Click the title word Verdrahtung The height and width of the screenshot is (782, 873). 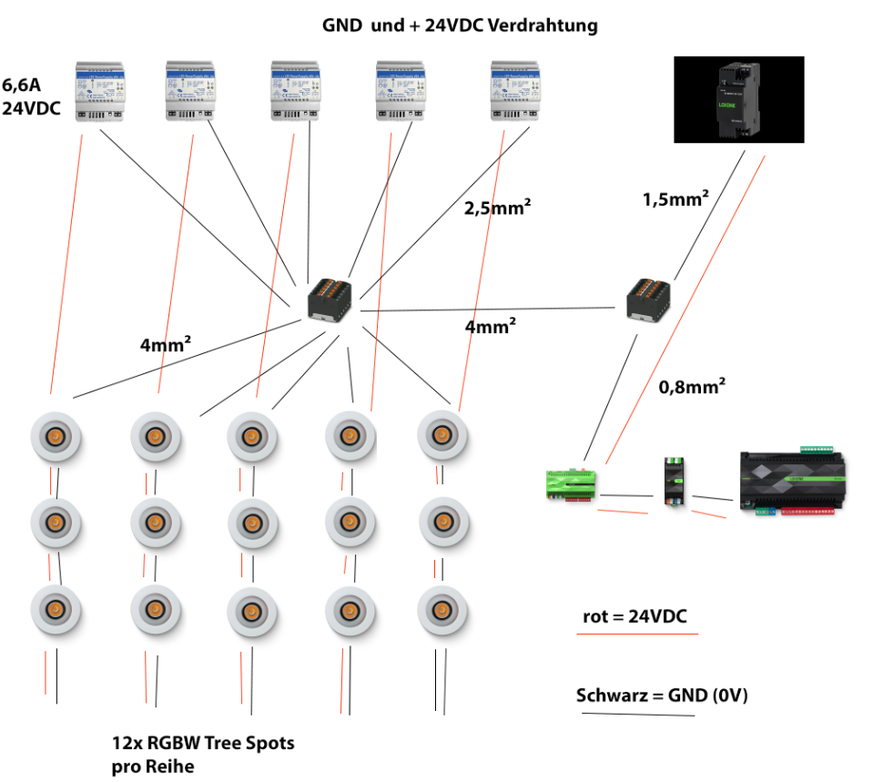coord(543,25)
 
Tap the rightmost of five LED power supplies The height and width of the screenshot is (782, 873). coord(515,91)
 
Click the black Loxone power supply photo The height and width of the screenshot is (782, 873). coord(738,99)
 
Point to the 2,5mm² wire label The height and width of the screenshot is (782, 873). coord(497,207)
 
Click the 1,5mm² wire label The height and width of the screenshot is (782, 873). coord(675,198)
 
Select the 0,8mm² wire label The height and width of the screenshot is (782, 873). coord(691,387)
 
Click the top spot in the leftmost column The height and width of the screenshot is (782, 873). coord(56,437)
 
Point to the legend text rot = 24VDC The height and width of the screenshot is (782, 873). coord(634,617)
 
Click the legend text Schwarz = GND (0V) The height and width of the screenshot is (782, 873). coord(662,696)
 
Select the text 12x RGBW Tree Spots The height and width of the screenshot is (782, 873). coord(203,743)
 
